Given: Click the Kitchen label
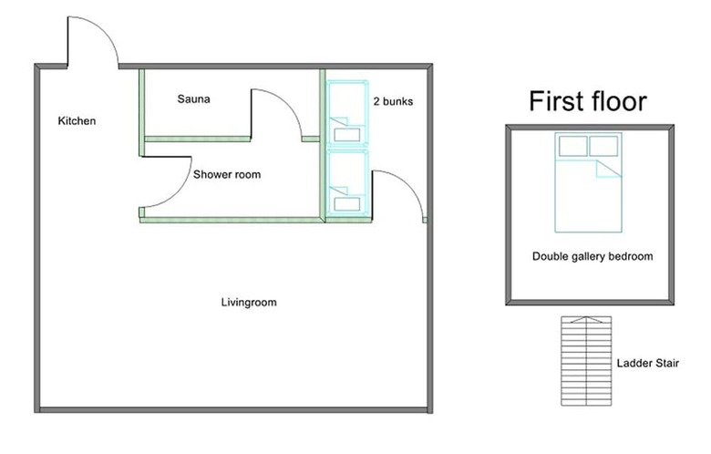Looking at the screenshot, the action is (x=77, y=121).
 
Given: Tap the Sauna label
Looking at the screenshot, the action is (x=193, y=99).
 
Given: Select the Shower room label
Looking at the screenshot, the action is (x=227, y=175).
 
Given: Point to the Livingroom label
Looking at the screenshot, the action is (x=249, y=303).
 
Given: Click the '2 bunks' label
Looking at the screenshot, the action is (x=393, y=101).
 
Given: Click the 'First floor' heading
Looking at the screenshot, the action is (x=588, y=100).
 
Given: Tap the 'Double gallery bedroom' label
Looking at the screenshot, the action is (x=592, y=256).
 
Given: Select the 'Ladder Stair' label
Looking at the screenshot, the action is (x=648, y=363).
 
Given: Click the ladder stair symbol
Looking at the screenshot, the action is (x=586, y=361).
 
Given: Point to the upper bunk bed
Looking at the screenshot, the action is (x=347, y=113).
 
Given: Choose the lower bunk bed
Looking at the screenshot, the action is (x=347, y=182).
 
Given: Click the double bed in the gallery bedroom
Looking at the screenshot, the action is (x=588, y=182).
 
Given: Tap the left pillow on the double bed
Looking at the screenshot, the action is (x=573, y=146).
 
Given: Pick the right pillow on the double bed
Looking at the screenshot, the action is (x=603, y=146).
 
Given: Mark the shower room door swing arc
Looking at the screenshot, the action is (x=178, y=191).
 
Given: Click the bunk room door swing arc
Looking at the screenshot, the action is (x=408, y=185).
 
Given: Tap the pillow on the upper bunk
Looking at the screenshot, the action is (x=347, y=135).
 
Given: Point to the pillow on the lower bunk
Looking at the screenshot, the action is (x=347, y=203).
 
